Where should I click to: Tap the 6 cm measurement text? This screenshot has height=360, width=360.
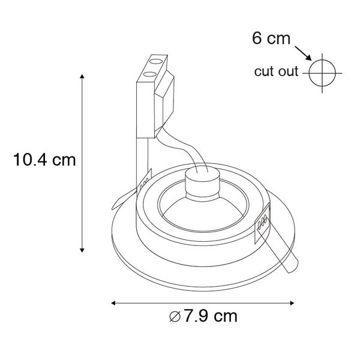pos(271,40)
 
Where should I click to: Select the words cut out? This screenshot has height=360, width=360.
pos(275,73)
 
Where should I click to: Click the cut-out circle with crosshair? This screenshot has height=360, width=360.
pos(322,73)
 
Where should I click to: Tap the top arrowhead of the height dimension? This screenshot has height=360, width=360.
pos(82,76)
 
